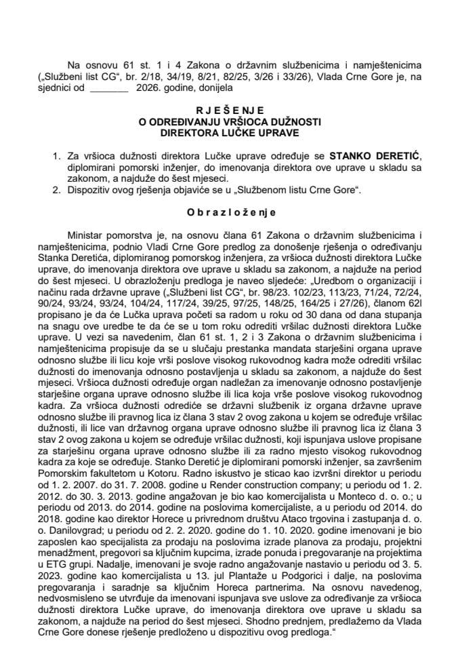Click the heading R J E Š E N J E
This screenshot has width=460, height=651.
coord(229,110)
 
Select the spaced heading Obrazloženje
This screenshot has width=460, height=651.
coord(229,212)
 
